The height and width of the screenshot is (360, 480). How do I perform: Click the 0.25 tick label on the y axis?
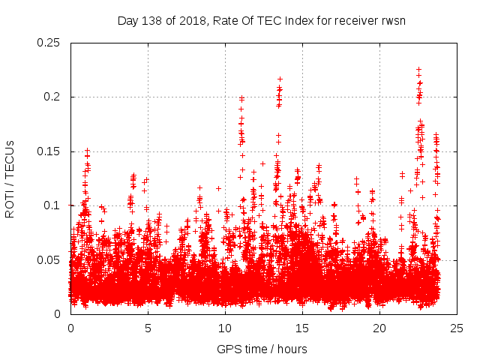point(49,43)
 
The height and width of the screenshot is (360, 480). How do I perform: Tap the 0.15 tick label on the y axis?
point(49,151)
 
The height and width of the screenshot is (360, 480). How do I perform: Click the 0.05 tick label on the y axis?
point(49,259)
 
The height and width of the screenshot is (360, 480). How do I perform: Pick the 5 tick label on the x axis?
point(148,328)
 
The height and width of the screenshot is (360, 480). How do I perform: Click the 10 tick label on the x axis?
point(225,328)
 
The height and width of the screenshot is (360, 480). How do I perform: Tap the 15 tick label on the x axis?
point(302,328)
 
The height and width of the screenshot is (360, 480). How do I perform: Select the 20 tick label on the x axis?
point(379,328)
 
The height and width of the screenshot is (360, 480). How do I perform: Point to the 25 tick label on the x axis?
point(457,328)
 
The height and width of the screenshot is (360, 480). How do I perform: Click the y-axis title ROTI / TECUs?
point(10,178)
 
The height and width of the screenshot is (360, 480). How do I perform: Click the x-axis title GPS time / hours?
point(262,349)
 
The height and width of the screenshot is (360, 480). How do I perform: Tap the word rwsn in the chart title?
point(391,20)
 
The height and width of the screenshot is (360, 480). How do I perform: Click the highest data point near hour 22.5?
point(418,69)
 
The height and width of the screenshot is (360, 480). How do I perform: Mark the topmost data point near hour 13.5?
point(280,79)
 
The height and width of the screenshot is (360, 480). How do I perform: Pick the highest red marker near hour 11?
point(241,97)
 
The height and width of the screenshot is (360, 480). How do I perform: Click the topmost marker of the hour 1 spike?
point(87,150)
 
